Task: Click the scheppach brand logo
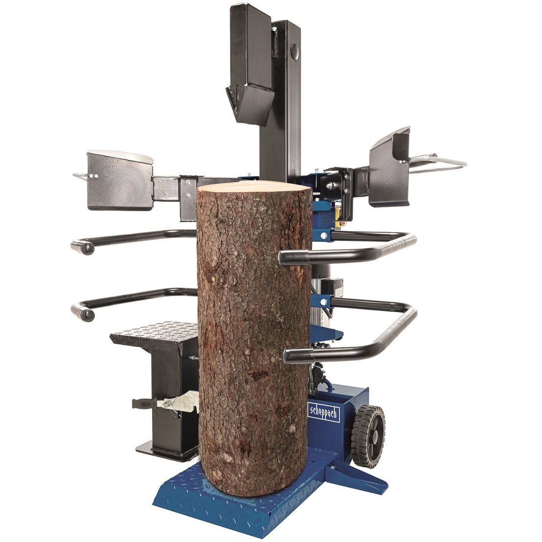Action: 324,413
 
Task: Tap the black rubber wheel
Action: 368,436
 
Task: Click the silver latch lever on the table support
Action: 178,402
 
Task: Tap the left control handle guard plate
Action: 120,180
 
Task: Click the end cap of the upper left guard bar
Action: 83,247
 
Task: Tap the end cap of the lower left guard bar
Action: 83,313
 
